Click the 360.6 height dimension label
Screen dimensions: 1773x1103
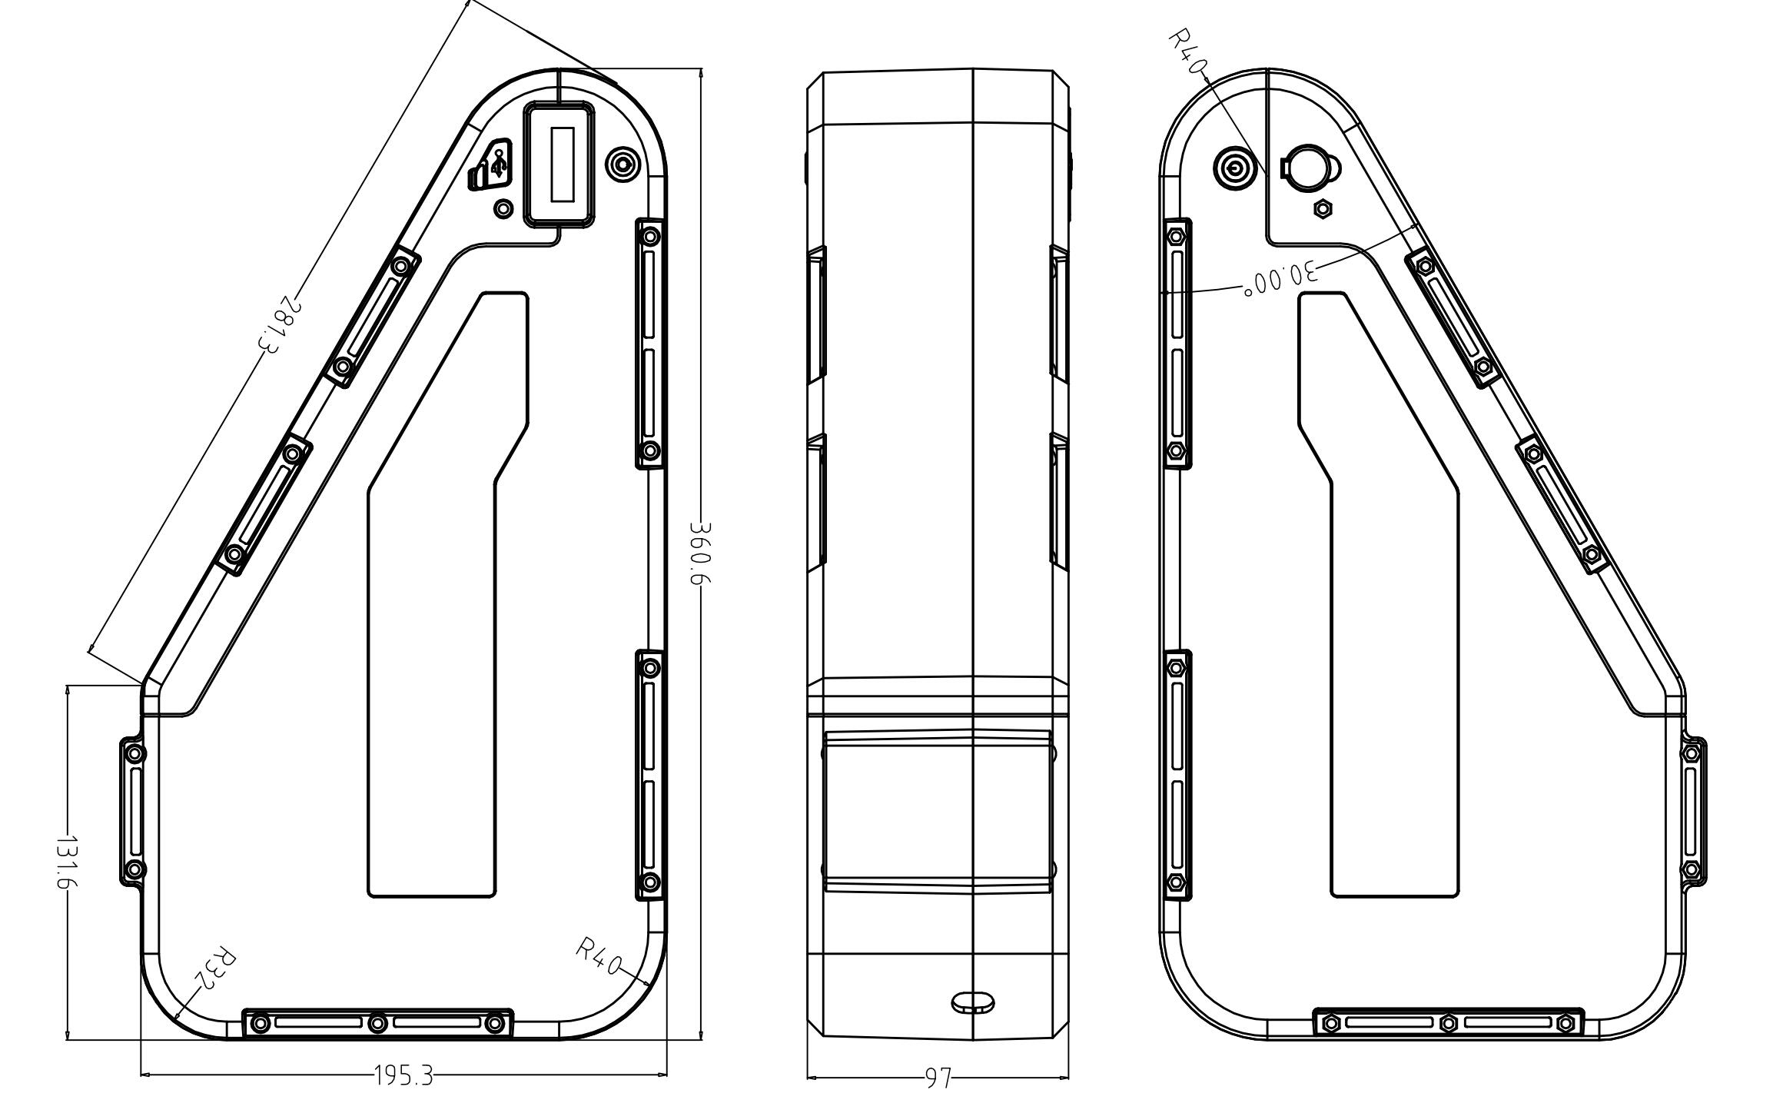[x=701, y=553]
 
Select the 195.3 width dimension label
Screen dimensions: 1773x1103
[x=403, y=1075]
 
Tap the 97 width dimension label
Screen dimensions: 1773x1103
[x=938, y=1078]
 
